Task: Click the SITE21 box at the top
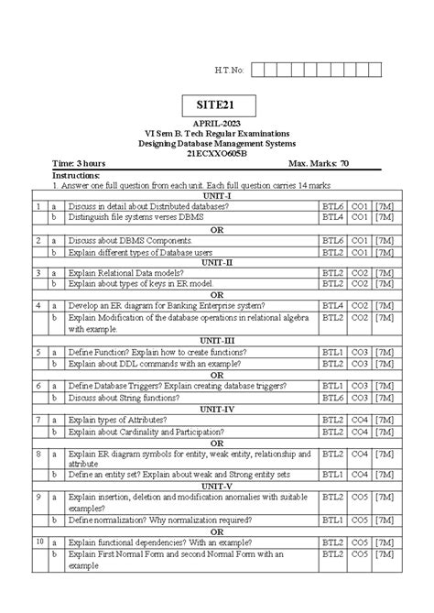click(x=218, y=105)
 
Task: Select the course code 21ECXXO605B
click(x=218, y=153)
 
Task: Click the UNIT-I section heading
click(x=217, y=195)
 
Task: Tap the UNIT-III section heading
click(x=217, y=339)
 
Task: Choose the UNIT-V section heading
click(x=217, y=485)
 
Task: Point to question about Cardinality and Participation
click(x=146, y=431)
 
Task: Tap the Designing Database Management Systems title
click(x=218, y=143)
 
